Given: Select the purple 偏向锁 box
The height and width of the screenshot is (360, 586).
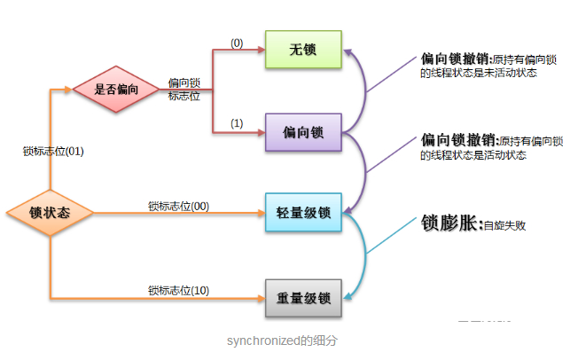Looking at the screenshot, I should pyautogui.click(x=303, y=133).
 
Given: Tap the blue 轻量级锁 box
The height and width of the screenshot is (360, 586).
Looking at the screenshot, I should pyautogui.click(x=303, y=213).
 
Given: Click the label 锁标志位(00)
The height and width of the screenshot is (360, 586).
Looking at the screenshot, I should pyautogui.click(x=177, y=206).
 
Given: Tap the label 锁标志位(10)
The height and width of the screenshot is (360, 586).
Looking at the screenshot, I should pyautogui.click(x=177, y=290).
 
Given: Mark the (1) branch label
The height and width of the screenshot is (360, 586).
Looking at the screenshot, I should pyautogui.click(x=237, y=122).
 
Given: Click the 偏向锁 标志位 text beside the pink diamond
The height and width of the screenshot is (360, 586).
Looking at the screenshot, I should pyautogui.click(x=184, y=89).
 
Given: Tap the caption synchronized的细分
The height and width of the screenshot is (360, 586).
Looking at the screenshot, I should pyautogui.click(x=281, y=340).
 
